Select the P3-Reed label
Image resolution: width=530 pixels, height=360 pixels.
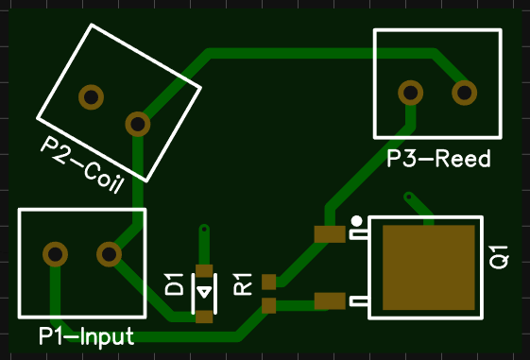(x=438, y=159)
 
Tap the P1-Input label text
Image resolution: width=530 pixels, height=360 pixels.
(x=86, y=336)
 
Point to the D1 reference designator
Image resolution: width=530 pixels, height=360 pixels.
(x=174, y=283)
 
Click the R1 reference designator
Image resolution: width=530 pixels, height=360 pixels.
(x=243, y=283)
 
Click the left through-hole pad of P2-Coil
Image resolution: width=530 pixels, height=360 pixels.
(x=91, y=96)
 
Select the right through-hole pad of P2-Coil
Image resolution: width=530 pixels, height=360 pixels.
(x=138, y=123)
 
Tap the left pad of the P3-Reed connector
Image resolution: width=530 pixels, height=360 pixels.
(x=410, y=93)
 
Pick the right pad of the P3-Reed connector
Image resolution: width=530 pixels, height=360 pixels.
(x=464, y=93)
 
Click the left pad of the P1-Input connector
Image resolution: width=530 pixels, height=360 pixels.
(x=55, y=254)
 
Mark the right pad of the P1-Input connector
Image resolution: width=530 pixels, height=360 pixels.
(x=109, y=254)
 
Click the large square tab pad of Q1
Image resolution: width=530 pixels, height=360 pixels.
(x=428, y=268)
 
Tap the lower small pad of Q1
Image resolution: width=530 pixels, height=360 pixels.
(x=330, y=301)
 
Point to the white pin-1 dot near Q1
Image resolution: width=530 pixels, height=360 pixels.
(x=356, y=221)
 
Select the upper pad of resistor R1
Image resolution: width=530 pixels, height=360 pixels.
(x=268, y=282)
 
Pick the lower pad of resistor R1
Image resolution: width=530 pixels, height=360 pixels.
(x=268, y=304)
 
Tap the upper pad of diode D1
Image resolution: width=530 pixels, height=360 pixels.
(x=204, y=270)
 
